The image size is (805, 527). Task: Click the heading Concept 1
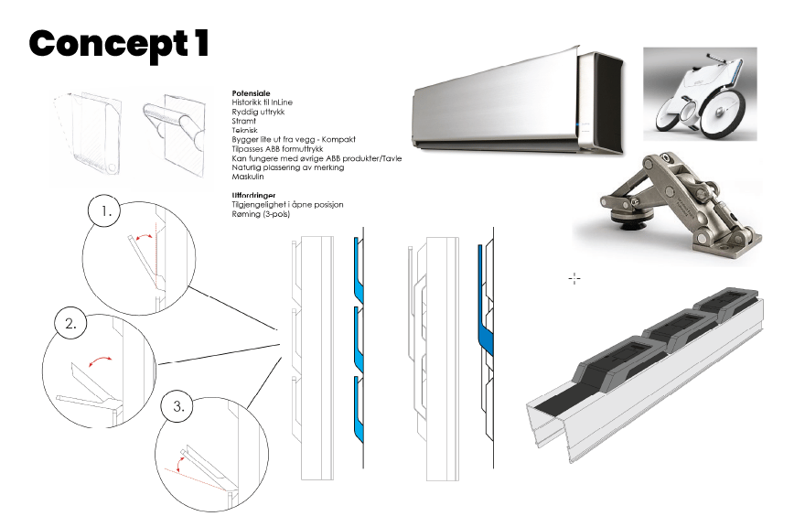click(119, 44)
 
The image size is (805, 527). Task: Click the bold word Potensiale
click(251, 93)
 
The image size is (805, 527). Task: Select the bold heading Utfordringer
click(253, 195)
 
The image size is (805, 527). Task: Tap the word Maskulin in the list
click(248, 177)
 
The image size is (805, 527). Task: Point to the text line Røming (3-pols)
click(261, 214)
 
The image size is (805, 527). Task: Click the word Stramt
click(244, 121)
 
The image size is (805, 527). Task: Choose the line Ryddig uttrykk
click(258, 112)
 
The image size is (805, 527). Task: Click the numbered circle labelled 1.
click(104, 210)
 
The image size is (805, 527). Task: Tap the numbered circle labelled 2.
click(70, 324)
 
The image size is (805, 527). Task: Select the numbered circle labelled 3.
click(177, 406)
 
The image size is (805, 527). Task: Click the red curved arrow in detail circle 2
click(100, 360)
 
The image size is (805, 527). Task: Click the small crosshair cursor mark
click(574, 279)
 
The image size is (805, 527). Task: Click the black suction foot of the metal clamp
click(630, 222)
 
